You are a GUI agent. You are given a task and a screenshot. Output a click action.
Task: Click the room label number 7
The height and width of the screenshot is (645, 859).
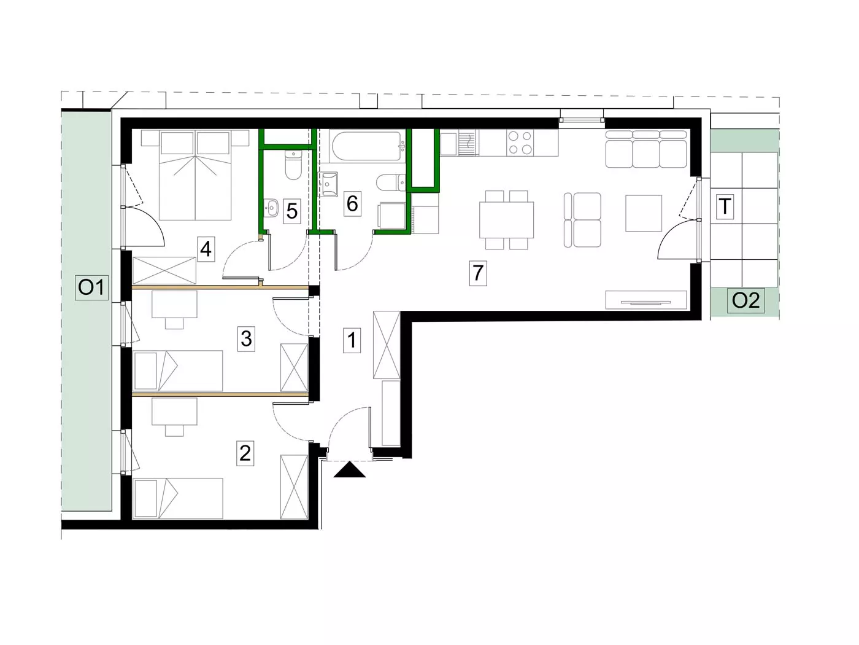point(478,273)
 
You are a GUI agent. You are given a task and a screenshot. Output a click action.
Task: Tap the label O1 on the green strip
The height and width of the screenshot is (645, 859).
point(91,288)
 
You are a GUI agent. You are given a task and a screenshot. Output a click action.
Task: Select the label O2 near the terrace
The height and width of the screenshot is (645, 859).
point(745,300)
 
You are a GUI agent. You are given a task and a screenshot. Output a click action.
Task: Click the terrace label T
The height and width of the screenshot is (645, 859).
point(725,206)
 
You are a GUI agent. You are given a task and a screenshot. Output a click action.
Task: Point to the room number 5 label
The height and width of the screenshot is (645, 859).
point(292,211)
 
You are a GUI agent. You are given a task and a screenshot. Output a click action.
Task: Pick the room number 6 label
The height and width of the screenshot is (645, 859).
point(352,204)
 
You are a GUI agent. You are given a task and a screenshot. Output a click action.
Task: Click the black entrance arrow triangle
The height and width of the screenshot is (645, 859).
point(350,469)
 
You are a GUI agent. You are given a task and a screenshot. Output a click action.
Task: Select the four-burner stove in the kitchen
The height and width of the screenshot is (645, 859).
point(520,143)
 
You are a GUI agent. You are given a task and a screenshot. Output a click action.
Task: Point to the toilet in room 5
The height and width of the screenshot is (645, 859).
point(293,165)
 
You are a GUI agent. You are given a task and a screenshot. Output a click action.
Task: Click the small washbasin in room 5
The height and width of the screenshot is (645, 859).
point(271,208)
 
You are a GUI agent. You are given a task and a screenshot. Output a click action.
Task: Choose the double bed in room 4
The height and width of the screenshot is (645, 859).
point(195,175)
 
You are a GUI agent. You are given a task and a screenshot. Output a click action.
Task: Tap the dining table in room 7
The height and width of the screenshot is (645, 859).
point(507,220)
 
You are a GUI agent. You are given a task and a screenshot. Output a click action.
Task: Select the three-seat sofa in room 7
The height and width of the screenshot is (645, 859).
point(646,149)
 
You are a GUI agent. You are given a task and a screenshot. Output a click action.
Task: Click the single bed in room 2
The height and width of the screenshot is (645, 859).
point(178,498)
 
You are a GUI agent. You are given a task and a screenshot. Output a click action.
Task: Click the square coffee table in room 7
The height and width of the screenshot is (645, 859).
point(644,213)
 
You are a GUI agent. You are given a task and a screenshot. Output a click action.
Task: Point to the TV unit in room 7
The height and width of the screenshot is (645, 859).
point(646,300)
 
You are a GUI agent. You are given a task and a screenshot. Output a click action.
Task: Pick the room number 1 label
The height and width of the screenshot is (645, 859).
point(352,340)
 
